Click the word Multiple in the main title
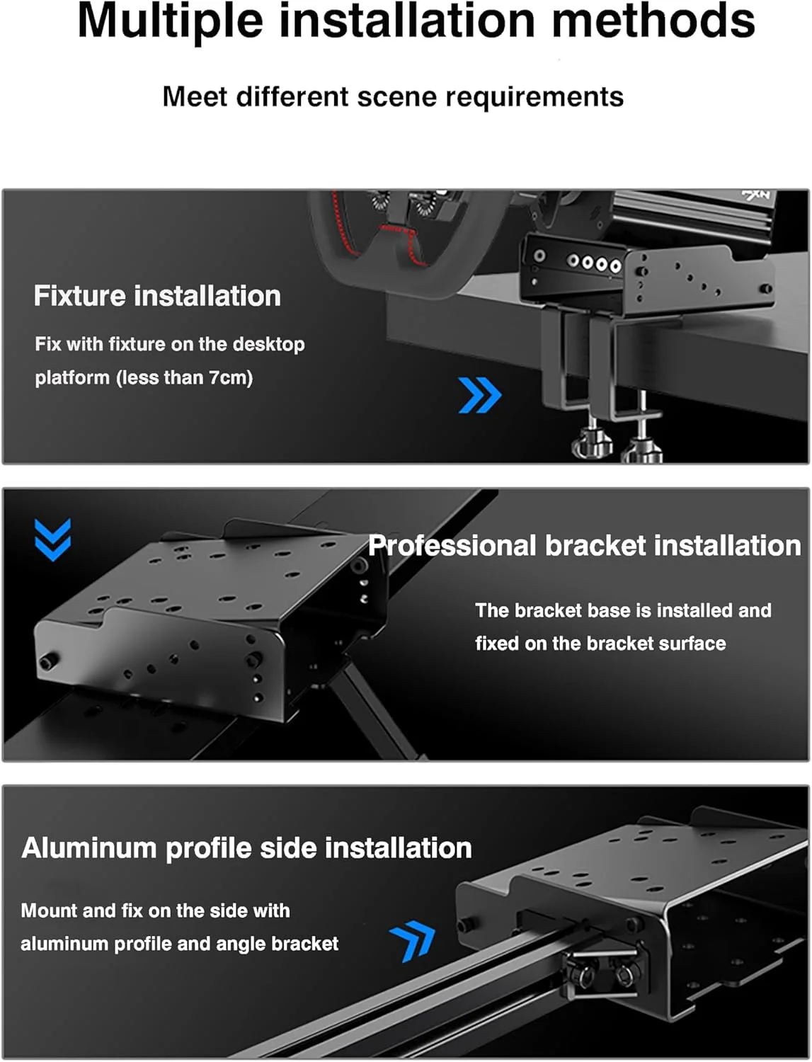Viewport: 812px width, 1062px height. [x=170, y=22]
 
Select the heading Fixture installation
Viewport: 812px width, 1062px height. [x=157, y=296]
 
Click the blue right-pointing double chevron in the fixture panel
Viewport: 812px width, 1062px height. [x=480, y=395]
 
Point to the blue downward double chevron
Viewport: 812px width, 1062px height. [x=52, y=539]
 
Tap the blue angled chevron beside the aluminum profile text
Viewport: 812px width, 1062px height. [x=413, y=940]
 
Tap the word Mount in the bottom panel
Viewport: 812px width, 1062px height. [x=49, y=911]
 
